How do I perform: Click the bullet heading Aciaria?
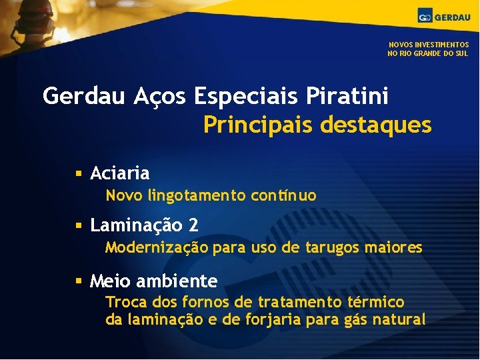click(120, 173)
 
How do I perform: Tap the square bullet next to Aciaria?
click(78, 174)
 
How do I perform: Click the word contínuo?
click(284, 196)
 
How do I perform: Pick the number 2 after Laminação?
click(193, 225)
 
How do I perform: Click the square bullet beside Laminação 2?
click(78, 226)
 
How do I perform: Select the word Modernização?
click(157, 248)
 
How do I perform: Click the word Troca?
click(123, 302)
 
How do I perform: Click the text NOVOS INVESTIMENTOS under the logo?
click(429, 45)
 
